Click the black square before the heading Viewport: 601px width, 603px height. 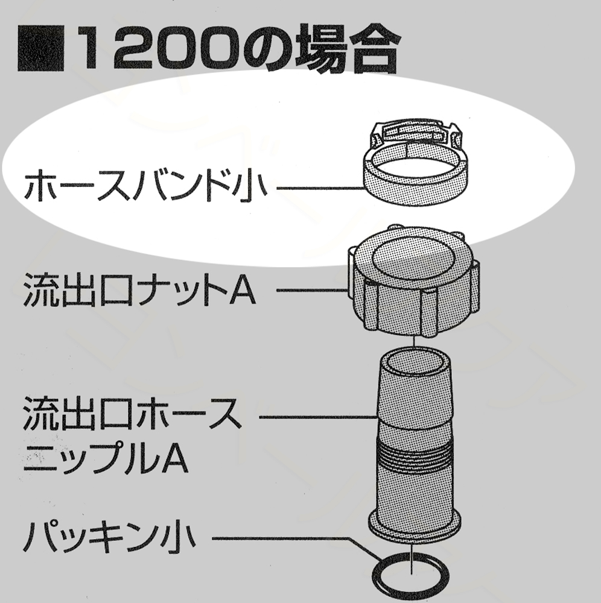coord(40,48)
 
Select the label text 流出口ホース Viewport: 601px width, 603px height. coord(132,417)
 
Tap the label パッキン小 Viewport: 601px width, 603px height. coord(109,537)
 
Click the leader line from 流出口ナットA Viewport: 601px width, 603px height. coord(314,291)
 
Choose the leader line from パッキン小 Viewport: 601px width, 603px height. coord(302,536)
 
